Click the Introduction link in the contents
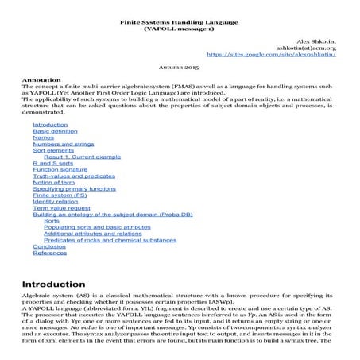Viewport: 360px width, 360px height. (49, 126)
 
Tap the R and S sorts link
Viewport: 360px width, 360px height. (52, 170)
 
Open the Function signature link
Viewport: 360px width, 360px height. (60, 177)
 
